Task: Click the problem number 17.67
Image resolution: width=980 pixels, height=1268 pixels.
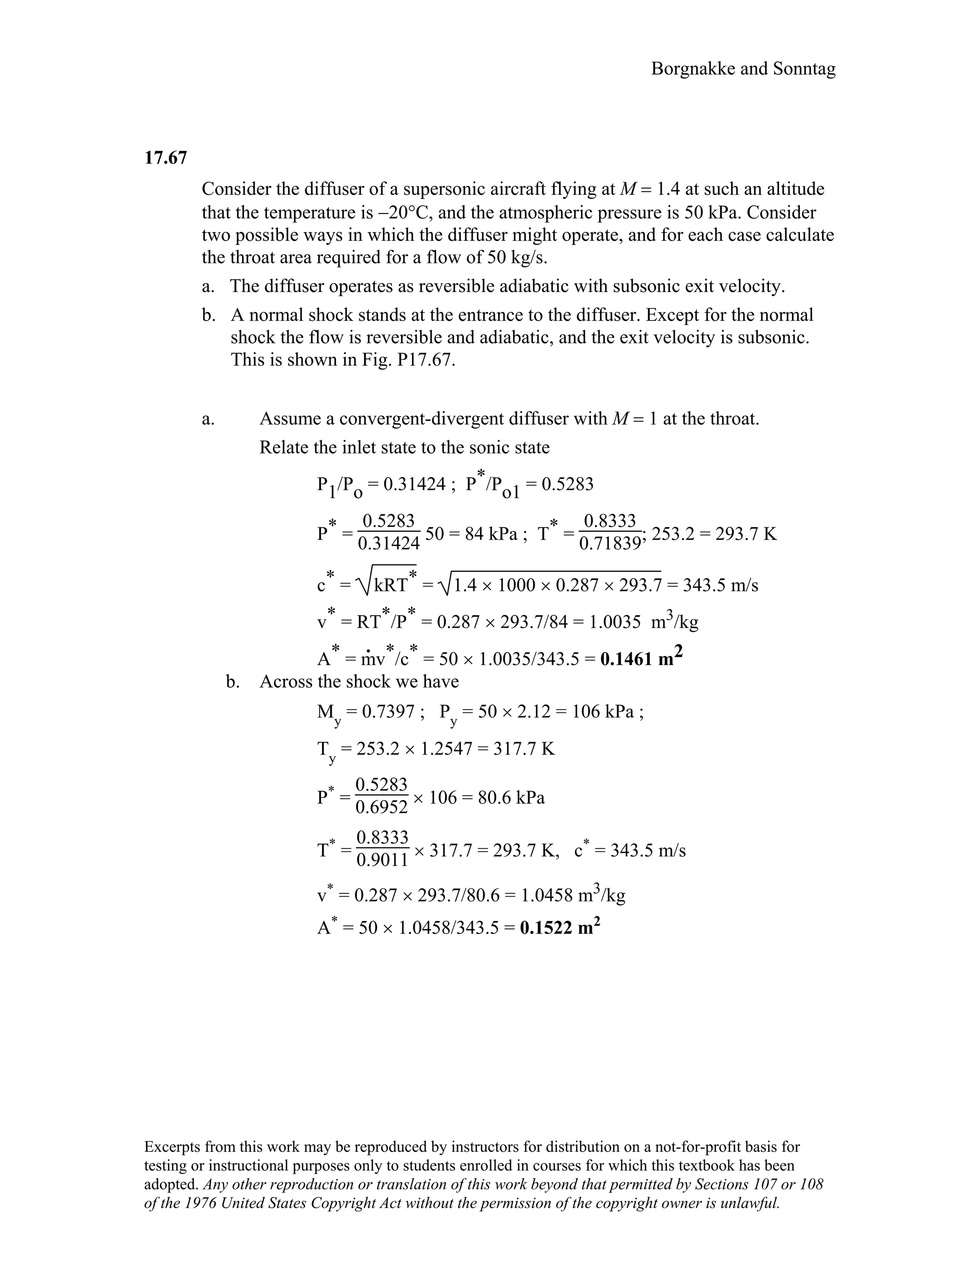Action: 166,158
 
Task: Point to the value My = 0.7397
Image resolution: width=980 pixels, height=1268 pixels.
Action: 366,712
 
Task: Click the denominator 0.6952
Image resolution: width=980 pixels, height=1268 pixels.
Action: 381,808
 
